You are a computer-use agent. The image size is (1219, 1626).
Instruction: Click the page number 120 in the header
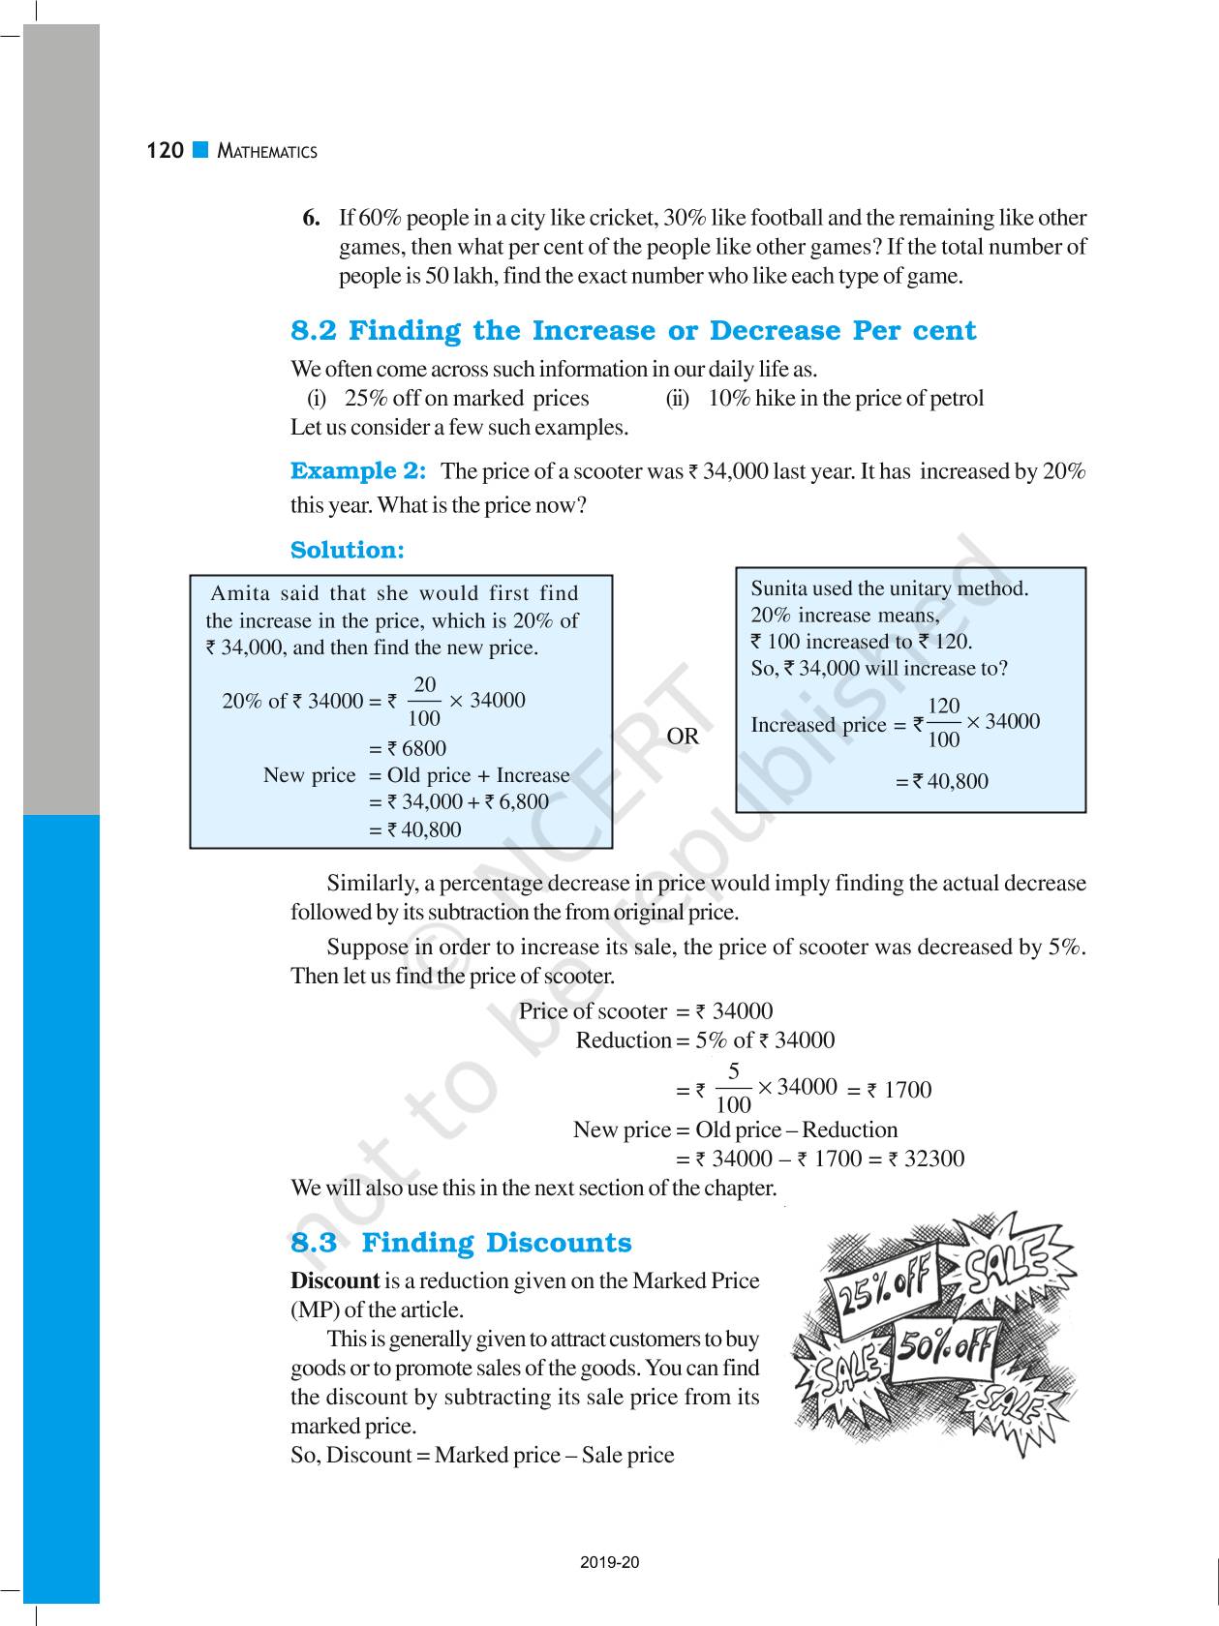pos(165,151)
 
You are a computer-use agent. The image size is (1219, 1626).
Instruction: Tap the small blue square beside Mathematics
pos(200,150)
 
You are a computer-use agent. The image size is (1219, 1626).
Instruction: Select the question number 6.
pos(311,218)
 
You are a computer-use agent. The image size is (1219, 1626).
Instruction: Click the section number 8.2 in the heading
pos(314,331)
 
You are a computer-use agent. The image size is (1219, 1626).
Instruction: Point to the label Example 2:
pos(358,471)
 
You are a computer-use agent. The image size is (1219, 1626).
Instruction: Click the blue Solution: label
pos(348,550)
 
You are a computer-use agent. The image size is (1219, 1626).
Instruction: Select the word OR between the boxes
pos(683,737)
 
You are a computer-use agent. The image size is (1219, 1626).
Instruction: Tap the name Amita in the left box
pos(239,593)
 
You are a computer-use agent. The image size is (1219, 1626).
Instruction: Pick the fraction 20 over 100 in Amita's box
pos(424,702)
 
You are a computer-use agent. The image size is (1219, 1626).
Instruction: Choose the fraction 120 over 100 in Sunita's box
pos(943,723)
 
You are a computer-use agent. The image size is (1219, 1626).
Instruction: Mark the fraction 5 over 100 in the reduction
pos(734,1088)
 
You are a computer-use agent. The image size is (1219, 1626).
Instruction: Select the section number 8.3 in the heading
pos(314,1243)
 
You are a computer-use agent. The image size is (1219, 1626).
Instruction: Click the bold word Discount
pos(335,1280)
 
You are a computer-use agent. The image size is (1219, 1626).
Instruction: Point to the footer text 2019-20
pos(610,1562)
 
